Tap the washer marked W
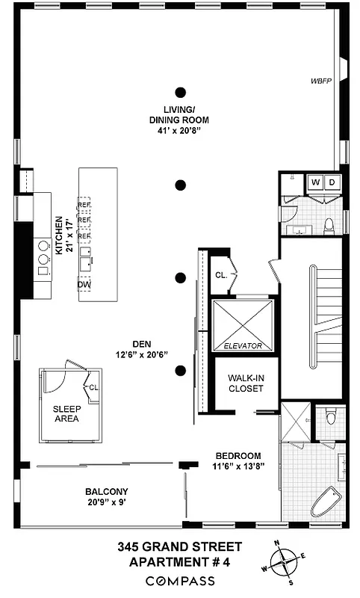coord(314,182)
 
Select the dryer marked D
coord(332,182)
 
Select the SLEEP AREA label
coord(66,413)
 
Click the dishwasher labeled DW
coord(84,284)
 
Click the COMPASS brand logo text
coord(179,581)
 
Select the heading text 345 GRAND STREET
coord(180,547)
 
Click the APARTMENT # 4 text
coord(180,562)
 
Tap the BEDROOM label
coord(238,455)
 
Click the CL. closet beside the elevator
coord(221,275)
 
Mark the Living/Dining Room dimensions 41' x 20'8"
coord(179,129)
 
